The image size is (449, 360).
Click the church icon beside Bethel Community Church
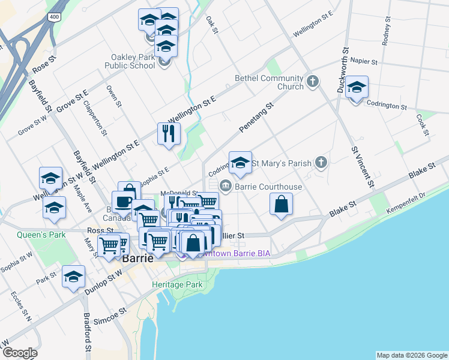tap(312, 81)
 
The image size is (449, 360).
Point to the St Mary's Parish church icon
tap(322, 162)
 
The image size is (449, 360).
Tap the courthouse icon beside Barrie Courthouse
tap(225, 185)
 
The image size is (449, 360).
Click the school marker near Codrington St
tap(357, 88)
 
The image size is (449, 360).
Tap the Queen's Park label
tap(41, 235)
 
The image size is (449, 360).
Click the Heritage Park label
tap(177, 284)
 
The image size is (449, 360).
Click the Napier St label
tap(363, 61)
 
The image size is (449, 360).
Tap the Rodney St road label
tap(385, 34)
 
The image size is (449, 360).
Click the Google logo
tap(20, 353)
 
